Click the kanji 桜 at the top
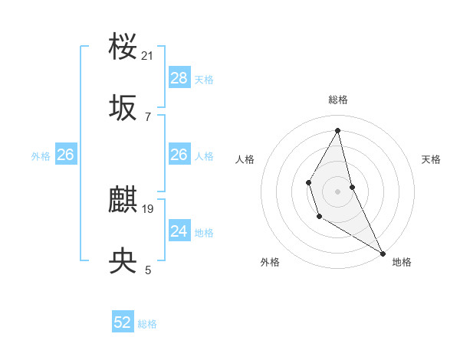click(x=123, y=47)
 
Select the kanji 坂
click(x=123, y=108)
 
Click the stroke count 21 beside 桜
click(x=148, y=56)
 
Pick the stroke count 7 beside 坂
click(x=148, y=116)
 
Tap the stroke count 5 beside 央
click(x=148, y=270)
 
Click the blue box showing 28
click(x=179, y=78)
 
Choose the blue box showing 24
click(x=179, y=231)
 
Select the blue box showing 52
click(x=123, y=323)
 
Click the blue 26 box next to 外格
click(x=65, y=155)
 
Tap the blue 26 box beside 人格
click(x=179, y=155)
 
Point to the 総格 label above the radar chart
click(x=338, y=100)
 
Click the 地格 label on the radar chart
click(x=402, y=262)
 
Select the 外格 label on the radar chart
click(x=270, y=262)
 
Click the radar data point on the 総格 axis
click(x=338, y=130)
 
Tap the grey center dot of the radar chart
click(x=338, y=190)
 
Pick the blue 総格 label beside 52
click(x=147, y=324)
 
